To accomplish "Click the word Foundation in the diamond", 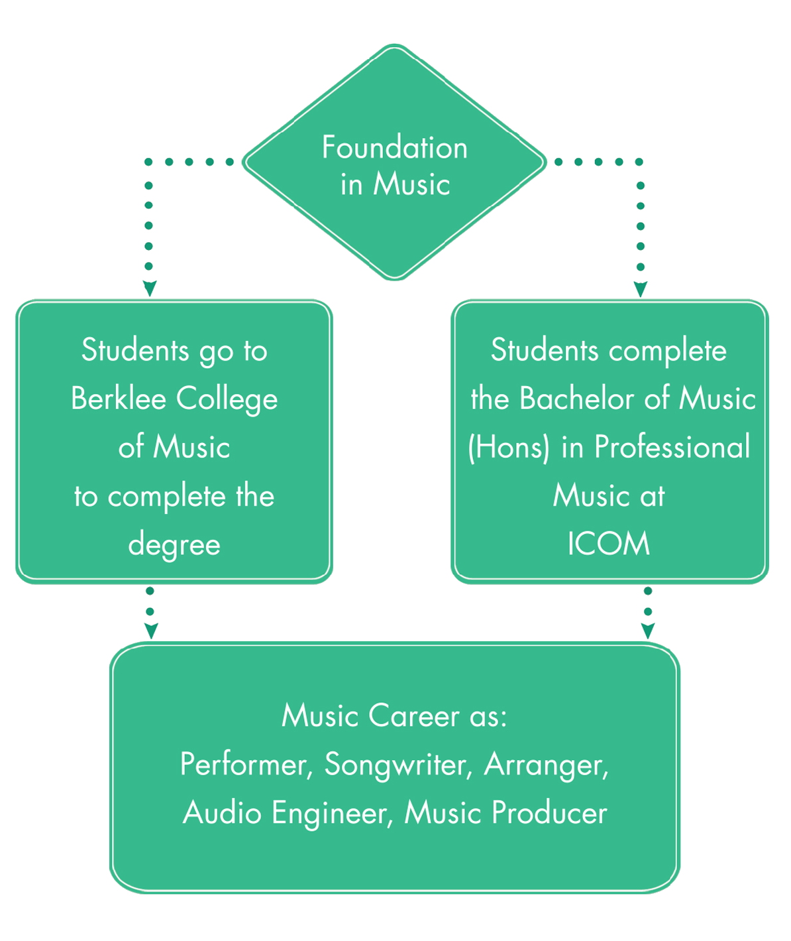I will pos(395,147).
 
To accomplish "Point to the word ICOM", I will pos(609,544).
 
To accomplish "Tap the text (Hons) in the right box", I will pos(509,448).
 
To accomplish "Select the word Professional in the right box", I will pos(672,448).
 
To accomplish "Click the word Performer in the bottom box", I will pos(243,765).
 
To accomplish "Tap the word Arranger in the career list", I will pos(545,765).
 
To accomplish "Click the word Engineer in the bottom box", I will pos(329,813).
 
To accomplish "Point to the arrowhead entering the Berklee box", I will pos(149,288).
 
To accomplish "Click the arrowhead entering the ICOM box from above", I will pos(640,289).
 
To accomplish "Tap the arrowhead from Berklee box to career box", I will pos(150,631).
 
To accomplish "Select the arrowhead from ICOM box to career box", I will pos(648,631).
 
